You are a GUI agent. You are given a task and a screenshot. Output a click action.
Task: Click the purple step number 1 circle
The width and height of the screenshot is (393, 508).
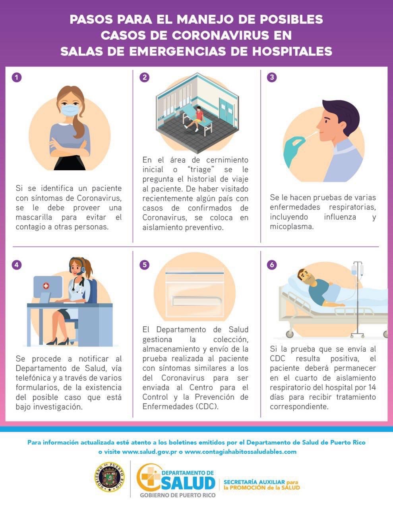17,77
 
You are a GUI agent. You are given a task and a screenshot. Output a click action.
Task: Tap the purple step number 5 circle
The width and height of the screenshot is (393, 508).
144,265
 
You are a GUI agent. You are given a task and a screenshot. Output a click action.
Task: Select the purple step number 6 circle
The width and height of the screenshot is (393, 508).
272,265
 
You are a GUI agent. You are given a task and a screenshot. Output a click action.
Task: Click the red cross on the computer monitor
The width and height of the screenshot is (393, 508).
46,286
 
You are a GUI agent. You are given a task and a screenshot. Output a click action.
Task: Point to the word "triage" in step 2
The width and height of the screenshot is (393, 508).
201,169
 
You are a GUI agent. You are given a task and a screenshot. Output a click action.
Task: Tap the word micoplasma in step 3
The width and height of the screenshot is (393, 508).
292,227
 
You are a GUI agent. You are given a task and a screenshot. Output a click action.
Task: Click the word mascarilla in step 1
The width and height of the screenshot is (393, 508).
34,217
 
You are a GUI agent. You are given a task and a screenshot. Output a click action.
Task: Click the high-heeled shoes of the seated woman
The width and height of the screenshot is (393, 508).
58,342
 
